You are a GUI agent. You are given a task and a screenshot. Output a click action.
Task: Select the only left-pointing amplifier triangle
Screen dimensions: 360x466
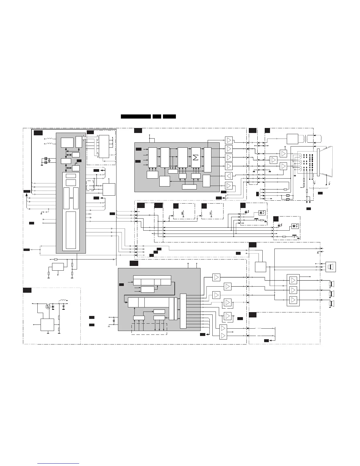[x=229, y=176]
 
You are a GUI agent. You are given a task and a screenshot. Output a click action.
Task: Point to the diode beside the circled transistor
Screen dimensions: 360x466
[x=53, y=307]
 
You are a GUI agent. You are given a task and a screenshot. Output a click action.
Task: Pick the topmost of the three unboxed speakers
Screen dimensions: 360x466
[x=331, y=284]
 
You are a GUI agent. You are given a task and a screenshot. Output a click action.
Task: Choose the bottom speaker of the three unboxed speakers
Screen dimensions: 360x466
[x=331, y=303]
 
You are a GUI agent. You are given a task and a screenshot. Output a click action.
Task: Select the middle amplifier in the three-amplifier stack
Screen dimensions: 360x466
[x=293, y=290]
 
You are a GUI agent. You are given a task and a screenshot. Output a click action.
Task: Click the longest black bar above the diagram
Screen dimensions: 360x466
[x=136, y=116]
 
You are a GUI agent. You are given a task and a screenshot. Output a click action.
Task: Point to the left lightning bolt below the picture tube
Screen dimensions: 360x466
[x=315, y=183]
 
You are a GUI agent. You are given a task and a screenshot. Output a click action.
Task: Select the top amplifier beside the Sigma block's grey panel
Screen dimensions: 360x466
[x=229, y=140]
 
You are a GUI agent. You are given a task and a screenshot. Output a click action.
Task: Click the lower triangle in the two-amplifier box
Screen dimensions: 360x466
[x=223, y=336]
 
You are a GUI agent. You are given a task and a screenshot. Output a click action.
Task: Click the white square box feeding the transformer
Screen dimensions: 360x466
[x=292, y=139]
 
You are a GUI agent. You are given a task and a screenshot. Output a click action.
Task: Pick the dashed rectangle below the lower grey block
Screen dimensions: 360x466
[x=149, y=329]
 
